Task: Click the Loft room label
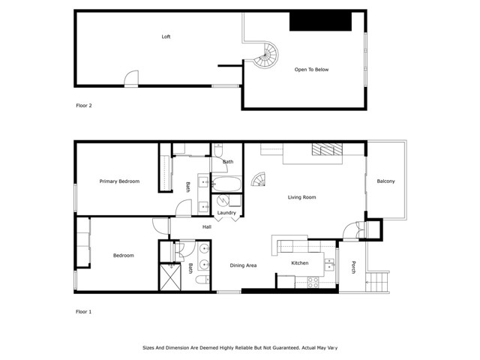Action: (x=166, y=37)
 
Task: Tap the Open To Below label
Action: (x=311, y=70)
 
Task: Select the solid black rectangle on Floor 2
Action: (x=320, y=22)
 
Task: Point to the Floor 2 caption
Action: (x=84, y=106)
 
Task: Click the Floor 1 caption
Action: (x=83, y=312)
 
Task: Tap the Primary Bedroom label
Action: (x=119, y=181)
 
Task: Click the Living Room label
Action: (x=301, y=197)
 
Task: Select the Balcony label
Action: (x=385, y=181)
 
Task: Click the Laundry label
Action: (x=226, y=213)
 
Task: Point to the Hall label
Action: (x=207, y=226)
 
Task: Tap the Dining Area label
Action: (x=243, y=265)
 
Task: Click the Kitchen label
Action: (x=300, y=263)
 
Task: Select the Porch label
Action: (x=353, y=267)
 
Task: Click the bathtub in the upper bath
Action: (x=226, y=184)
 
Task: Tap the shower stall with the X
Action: (x=170, y=277)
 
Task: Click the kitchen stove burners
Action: (x=313, y=283)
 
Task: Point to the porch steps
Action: (x=377, y=282)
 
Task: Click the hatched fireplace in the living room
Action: (x=327, y=149)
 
